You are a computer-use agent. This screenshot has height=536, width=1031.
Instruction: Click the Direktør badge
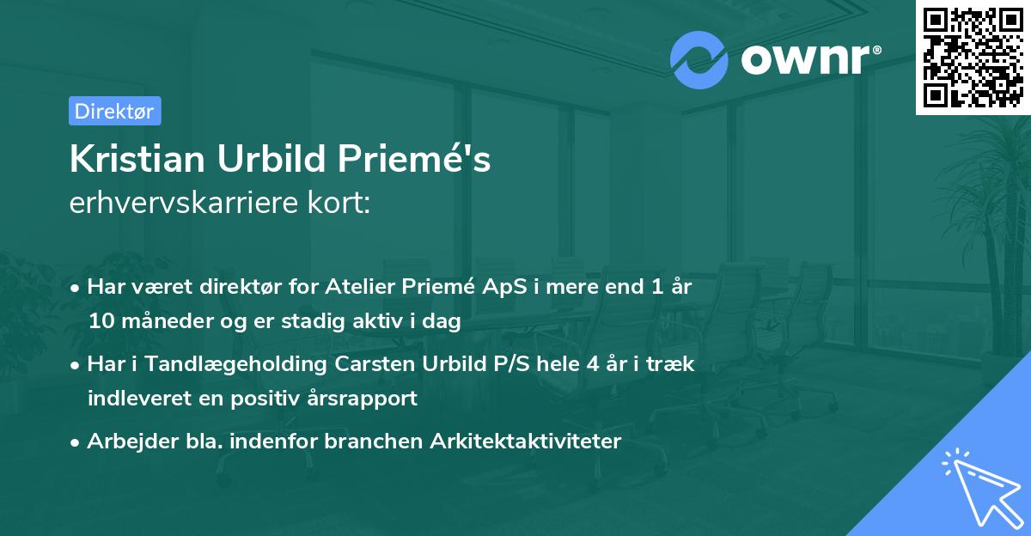(x=114, y=111)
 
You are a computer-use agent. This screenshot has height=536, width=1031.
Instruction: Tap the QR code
(x=973, y=57)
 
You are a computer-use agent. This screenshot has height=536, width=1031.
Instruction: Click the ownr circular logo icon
(x=699, y=60)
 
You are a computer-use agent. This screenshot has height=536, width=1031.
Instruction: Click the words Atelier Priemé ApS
(x=417, y=287)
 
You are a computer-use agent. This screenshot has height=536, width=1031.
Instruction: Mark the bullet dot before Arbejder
(x=76, y=442)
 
